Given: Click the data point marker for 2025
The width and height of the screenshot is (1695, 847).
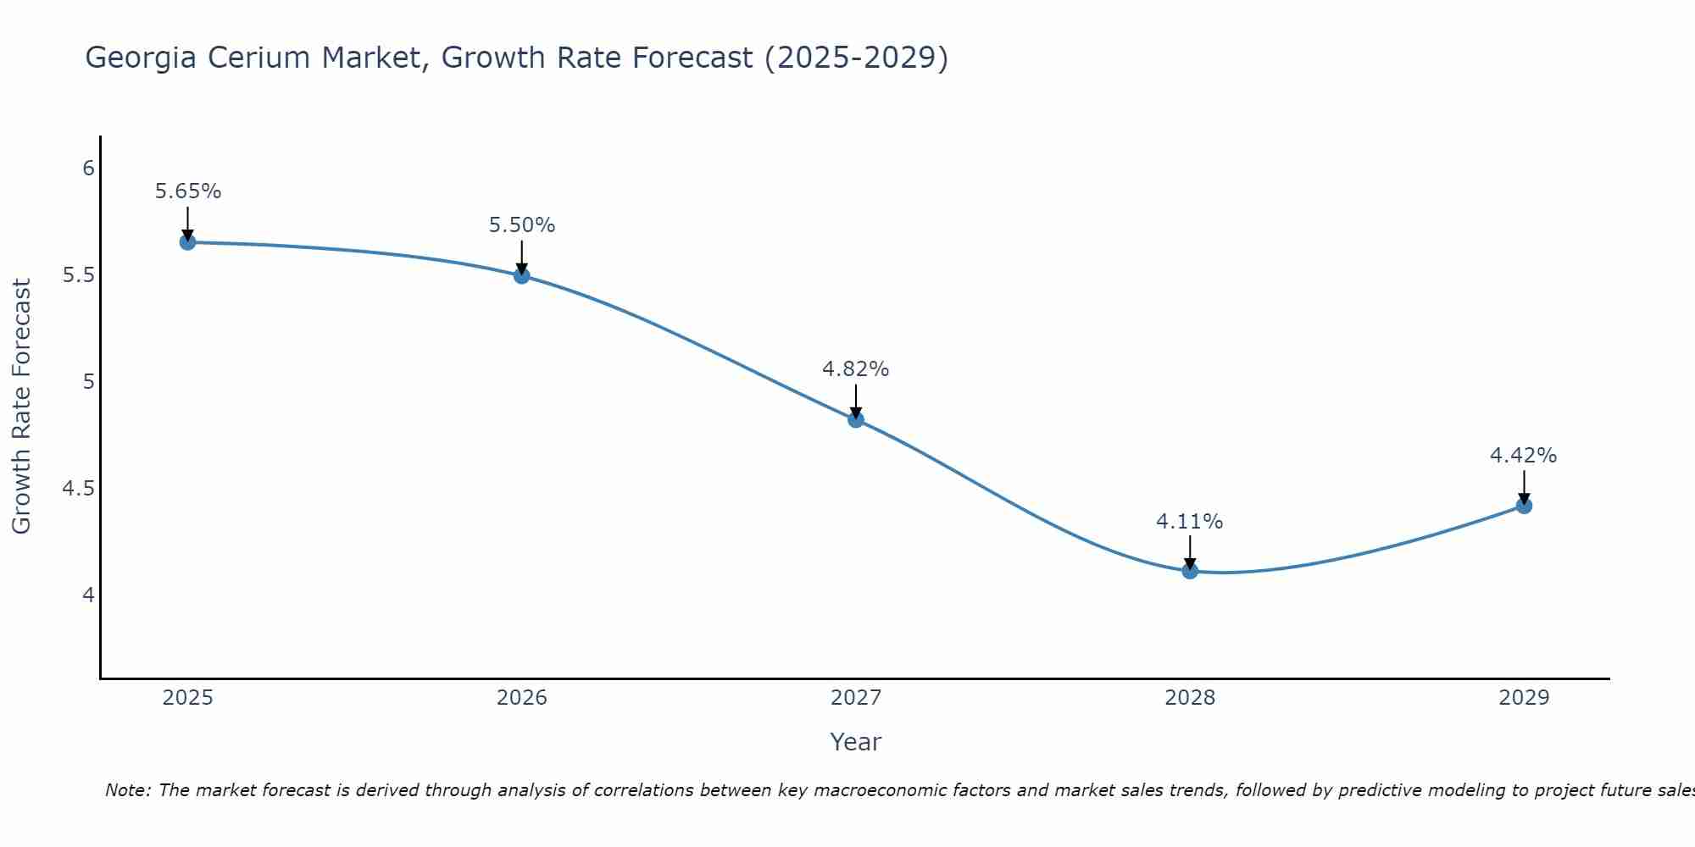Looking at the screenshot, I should click(187, 242).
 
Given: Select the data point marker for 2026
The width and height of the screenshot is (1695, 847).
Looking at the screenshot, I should click(522, 275).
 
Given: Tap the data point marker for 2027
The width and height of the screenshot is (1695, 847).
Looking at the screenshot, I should click(856, 419).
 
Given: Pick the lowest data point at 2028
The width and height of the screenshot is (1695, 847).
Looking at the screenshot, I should click(1190, 571).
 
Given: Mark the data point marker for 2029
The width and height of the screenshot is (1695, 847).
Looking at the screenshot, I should click(1524, 506).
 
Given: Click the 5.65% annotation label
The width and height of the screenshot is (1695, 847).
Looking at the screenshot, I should click(187, 191).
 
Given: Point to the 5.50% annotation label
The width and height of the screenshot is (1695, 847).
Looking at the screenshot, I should click(522, 225).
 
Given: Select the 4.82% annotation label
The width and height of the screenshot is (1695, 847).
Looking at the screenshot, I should click(856, 369).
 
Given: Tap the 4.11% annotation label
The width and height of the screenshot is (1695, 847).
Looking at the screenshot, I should click(1190, 522).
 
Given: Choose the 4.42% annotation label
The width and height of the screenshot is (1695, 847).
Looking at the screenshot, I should click(1524, 456).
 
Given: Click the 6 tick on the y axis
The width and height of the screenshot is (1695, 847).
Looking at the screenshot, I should click(88, 169).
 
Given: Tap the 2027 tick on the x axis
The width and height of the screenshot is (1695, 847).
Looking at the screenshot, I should click(856, 698).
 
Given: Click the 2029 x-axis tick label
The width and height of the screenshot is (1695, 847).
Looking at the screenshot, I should click(1524, 698).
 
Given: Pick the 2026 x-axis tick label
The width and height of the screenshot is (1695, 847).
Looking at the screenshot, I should click(522, 698).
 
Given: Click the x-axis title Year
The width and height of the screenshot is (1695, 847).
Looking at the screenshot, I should click(856, 742).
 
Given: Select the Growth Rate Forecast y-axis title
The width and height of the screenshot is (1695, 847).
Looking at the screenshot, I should click(21, 407).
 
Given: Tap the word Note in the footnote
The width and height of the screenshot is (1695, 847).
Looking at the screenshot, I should click(126, 790).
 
